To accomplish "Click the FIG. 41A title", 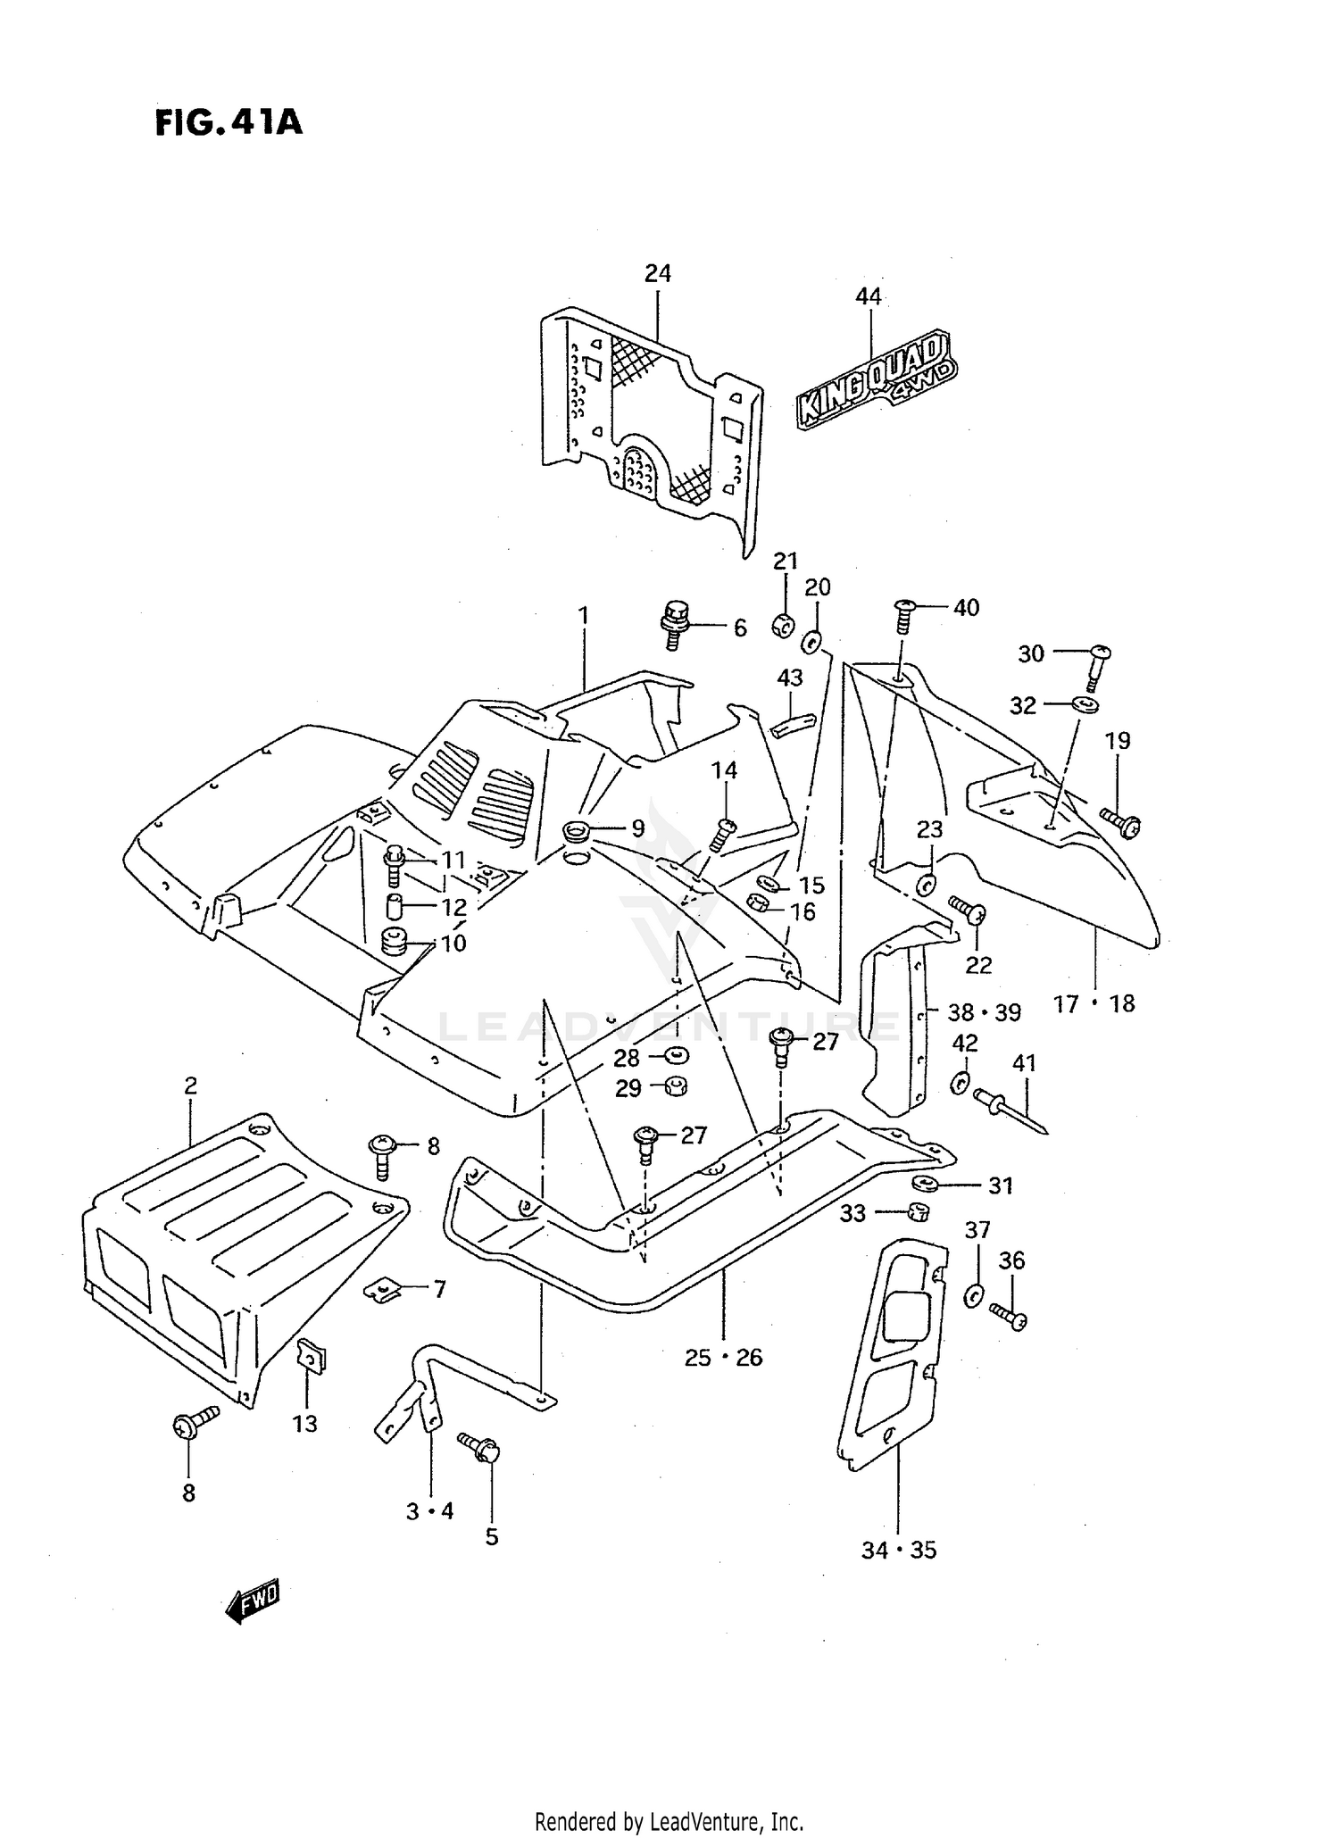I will [229, 122].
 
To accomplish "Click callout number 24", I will [658, 273].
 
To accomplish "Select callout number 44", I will [868, 296].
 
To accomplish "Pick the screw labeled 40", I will [904, 614].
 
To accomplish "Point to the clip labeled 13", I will [311, 1358].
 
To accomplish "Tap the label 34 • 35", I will [899, 1550].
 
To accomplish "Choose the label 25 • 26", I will [723, 1357].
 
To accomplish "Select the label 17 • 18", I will [1094, 1004].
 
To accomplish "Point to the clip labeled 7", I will [380, 1289].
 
